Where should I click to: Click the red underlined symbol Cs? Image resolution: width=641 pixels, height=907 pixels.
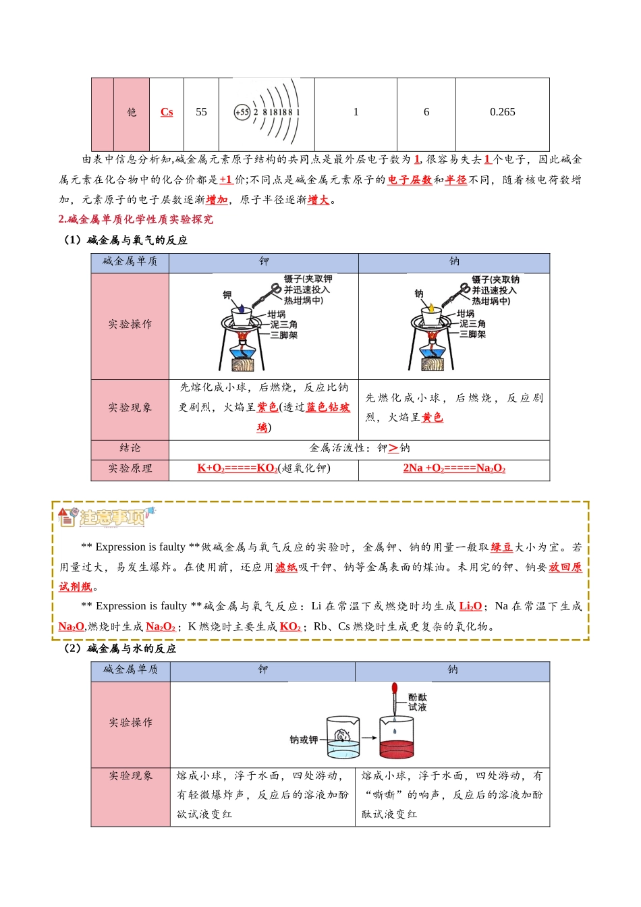[x=167, y=112]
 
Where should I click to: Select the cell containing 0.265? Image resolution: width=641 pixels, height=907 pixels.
[x=502, y=112]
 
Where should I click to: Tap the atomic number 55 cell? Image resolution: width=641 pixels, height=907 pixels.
[x=201, y=112]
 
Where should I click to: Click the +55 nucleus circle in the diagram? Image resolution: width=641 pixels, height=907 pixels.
[x=242, y=112]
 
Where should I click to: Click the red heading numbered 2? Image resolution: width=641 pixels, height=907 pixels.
[x=136, y=219]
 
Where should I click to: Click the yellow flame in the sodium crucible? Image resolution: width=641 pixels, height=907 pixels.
[x=431, y=308]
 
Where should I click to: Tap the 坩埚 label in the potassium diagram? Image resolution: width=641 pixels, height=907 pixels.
[x=277, y=314]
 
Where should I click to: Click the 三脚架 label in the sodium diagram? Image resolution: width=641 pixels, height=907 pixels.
[x=472, y=334]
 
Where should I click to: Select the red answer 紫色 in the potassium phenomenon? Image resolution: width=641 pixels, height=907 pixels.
[x=267, y=407]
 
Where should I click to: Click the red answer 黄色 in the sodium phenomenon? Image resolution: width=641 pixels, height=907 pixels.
[x=433, y=418]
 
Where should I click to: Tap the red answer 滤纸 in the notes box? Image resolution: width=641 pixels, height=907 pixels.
[x=286, y=568]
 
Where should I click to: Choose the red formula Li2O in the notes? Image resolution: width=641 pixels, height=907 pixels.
[x=470, y=607]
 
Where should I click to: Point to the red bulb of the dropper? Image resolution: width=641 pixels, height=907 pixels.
[x=394, y=688]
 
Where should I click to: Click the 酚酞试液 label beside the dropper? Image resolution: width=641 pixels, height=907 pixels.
[x=417, y=702]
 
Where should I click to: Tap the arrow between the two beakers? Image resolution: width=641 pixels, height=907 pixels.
[x=369, y=738]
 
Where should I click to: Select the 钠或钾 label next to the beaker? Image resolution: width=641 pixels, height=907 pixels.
[x=304, y=740]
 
